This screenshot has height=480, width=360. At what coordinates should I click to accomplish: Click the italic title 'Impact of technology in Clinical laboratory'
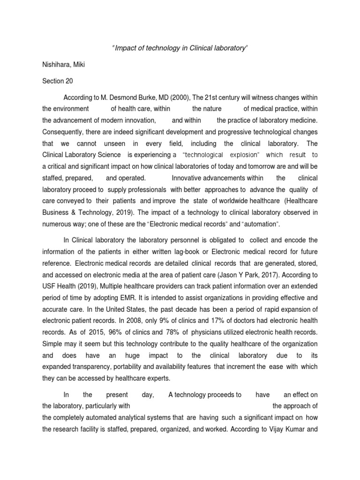(180, 49)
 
